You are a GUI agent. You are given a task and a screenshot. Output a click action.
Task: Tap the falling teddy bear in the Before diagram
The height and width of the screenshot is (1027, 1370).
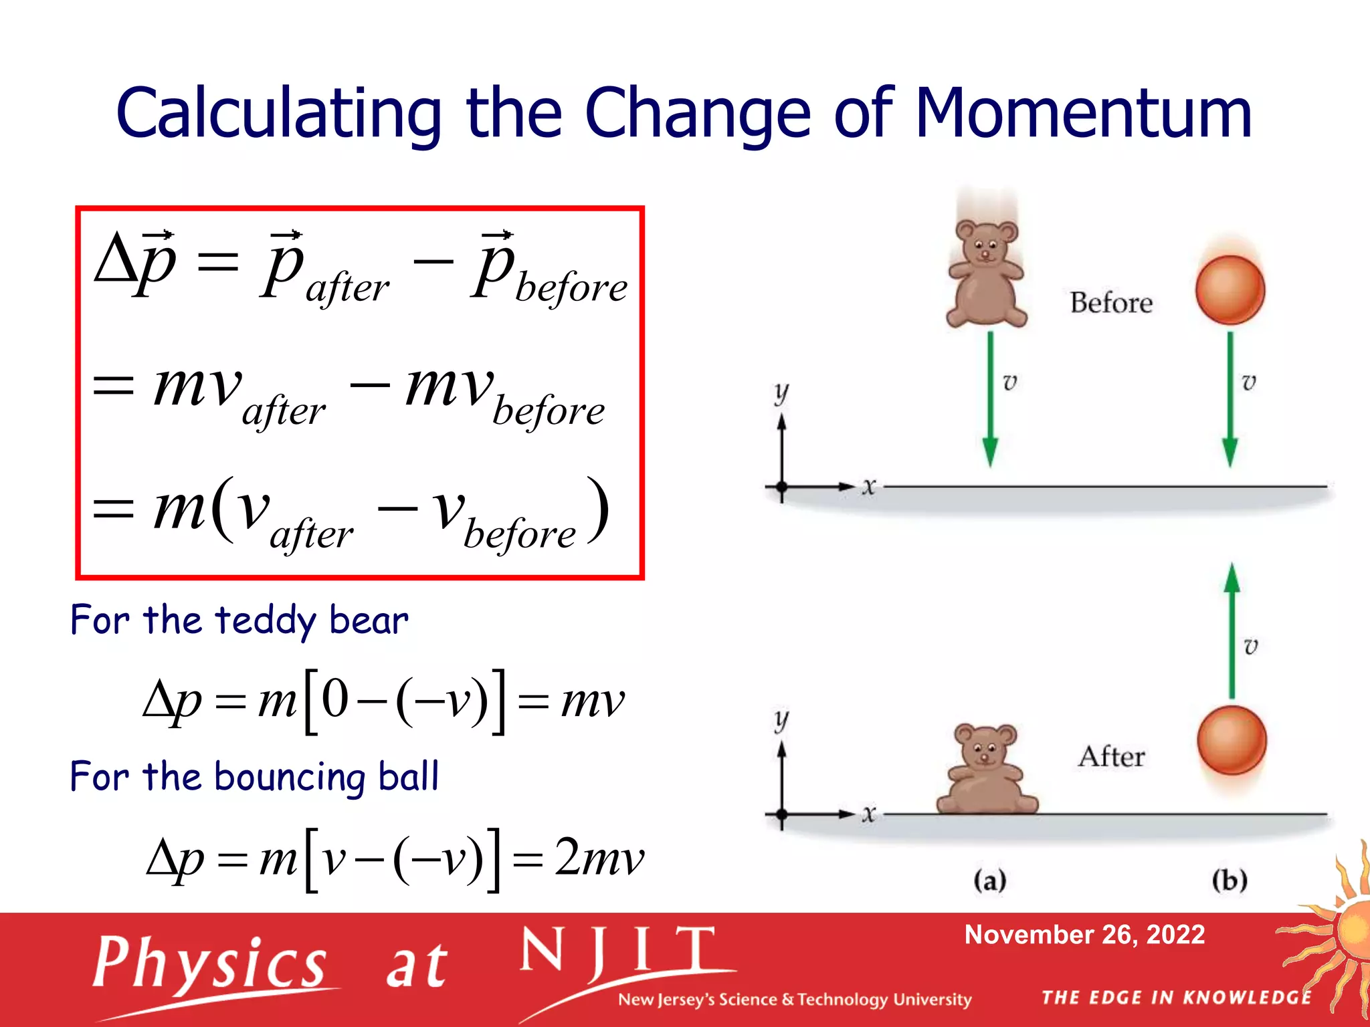[986, 274]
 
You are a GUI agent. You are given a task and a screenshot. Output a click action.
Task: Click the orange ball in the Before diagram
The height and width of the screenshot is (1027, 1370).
[1230, 290]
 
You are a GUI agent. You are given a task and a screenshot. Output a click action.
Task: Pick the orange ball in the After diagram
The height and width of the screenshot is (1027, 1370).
[1231, 741]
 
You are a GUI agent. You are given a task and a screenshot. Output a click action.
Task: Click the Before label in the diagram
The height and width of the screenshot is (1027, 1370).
[1110, 303]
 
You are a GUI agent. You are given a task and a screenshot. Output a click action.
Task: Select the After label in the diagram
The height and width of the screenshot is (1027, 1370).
[1110, 757]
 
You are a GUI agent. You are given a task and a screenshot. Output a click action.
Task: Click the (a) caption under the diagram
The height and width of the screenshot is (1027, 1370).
[989, 880]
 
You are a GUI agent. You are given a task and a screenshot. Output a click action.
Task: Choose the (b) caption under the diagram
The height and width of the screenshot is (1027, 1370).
[1230, 880]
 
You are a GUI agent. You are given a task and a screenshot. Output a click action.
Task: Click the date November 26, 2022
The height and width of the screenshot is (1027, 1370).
[1084, 935]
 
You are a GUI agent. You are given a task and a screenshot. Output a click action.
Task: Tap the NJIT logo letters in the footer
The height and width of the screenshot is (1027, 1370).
[619, 952]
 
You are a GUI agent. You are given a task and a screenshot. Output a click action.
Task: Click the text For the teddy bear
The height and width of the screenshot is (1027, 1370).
[239, 620]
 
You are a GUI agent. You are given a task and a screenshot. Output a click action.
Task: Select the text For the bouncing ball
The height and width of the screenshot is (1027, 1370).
[254, 777]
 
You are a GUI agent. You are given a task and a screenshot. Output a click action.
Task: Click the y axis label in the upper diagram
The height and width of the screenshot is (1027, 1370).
[781, 392]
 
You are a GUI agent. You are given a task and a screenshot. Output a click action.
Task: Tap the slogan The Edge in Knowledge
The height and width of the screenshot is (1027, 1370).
[1176, 998]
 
